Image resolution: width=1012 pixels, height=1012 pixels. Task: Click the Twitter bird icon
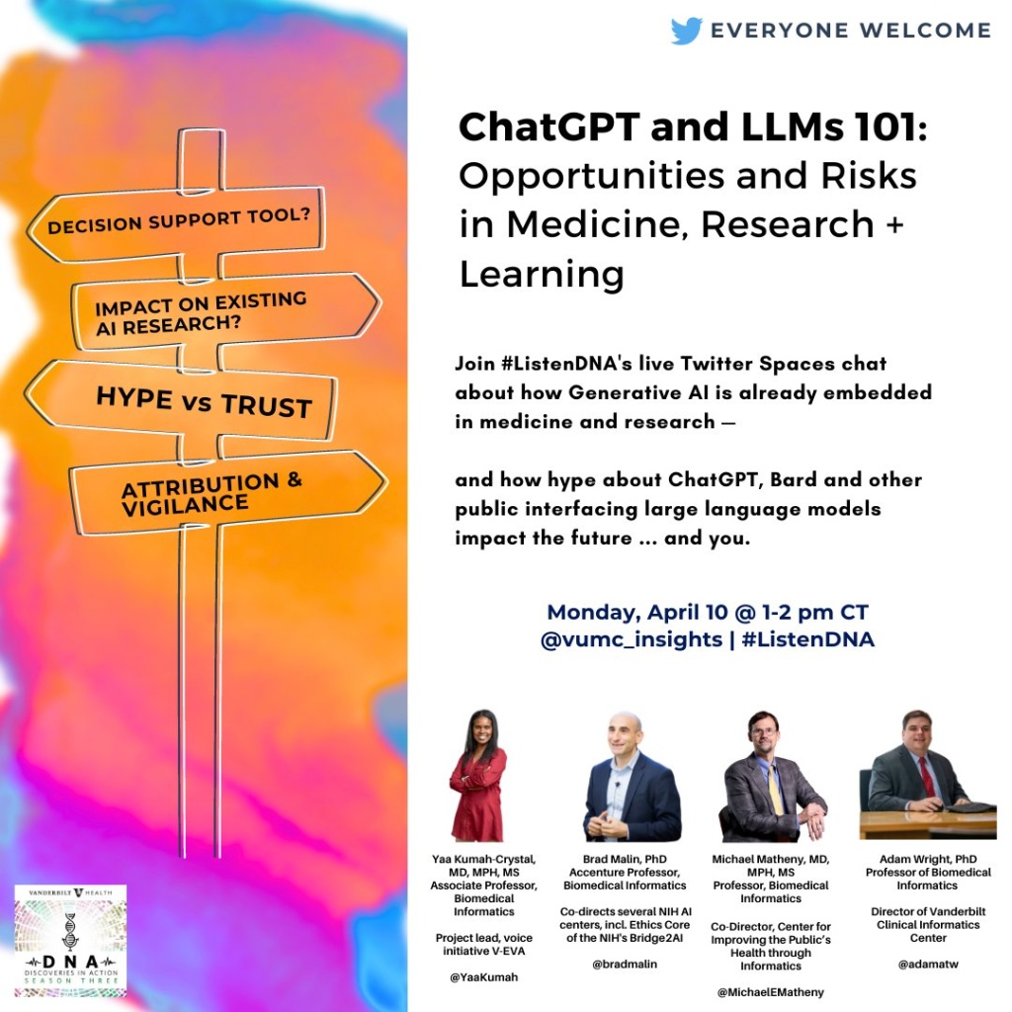687,31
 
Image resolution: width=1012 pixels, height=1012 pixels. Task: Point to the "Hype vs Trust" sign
181,400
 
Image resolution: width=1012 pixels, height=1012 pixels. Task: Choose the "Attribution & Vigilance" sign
228,493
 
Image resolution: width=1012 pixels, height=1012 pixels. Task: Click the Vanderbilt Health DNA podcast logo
70,940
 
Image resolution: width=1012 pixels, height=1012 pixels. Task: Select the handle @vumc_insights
632,639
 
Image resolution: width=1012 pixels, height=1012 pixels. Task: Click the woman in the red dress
479,776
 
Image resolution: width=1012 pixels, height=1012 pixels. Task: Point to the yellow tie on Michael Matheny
775,788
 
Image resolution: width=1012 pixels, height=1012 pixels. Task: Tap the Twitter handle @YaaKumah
483,977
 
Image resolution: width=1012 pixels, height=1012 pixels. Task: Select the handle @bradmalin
625,964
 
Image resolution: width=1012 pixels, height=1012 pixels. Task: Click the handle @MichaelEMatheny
770,992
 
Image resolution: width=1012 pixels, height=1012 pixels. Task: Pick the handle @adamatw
927,965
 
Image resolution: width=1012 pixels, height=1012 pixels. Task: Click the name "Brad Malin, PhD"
625,859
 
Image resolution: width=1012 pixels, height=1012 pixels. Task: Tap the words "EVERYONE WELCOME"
851,31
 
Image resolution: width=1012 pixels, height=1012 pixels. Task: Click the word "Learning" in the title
542,274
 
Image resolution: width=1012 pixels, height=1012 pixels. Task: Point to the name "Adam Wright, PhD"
927,859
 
